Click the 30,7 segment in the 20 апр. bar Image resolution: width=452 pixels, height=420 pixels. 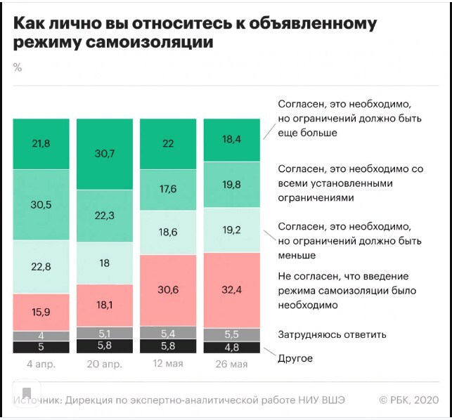pyautogui.click(x=104, y=154)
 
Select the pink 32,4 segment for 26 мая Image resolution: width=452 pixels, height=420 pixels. pyautogui.click(x=231, y=287)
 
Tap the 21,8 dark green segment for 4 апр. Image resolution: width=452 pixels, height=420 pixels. pyautogui.click(x=41, y=144)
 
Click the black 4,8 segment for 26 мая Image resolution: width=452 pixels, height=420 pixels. pyautogui.click(x=231, y=347)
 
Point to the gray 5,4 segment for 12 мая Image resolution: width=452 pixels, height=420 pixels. pyautogui.click(x=167, y=333)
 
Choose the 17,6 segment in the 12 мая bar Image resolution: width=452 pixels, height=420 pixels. pyautogui.click(x=167, y=190)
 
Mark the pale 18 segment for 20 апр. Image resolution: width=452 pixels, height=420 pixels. pyautogui.click(x=104, y=263)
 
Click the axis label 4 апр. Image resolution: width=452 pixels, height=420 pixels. pyautogui.click(x=41, y=364)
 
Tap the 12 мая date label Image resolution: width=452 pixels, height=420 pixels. pyautogui.click(x=167, y=364)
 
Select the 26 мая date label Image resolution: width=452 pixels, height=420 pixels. pyautogui.click(x=231, y=364)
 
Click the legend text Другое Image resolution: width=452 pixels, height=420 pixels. pyautogui.click(x=295, y=358)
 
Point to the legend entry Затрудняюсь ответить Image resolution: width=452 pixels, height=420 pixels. pyautogui.click(x=332, y=334)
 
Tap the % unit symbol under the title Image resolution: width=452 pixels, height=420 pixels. pyautogui.click(x=17, y=67)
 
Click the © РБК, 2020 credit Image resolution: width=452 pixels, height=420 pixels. pyautogui.click(x=408, y=400)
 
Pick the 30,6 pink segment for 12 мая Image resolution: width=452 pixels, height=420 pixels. pyautogui.click(x=167, y=290)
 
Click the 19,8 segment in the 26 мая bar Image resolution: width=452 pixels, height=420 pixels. pyautogui.click(x=231, y=185)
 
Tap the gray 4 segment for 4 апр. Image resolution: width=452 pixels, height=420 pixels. pyautogui.click(x=41, y=336)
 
